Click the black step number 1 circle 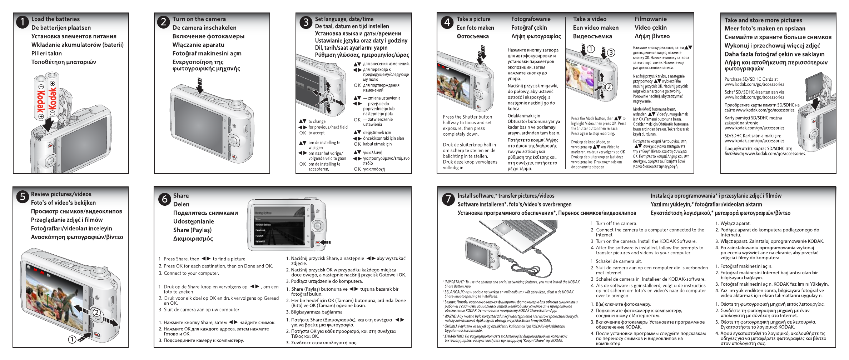[22, 22]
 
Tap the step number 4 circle [447, 22]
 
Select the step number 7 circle [448, 199]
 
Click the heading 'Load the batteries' [55, 19]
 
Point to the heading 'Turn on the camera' [199, 19]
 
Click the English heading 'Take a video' [590, 19]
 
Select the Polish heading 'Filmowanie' [650, 19]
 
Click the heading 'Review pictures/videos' [61, 194]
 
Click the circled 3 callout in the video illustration [611, 52]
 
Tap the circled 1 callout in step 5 [72, 339]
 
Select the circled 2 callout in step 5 [96, 312]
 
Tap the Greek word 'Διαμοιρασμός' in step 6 [193, 239]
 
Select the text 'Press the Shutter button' [467, 117]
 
